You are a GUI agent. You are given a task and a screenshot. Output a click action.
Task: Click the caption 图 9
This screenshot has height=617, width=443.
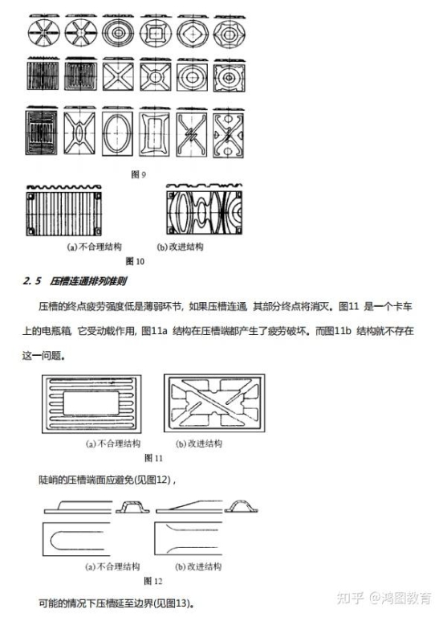pos(138,174)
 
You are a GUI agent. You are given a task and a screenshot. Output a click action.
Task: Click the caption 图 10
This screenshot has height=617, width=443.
pos(135,261)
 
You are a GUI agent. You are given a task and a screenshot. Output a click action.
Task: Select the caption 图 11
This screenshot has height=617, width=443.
pos(153,458)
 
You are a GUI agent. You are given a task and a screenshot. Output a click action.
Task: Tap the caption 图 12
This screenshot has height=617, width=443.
pos(153,581)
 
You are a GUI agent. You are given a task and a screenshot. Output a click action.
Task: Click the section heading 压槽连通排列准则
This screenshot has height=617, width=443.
pos(88,281)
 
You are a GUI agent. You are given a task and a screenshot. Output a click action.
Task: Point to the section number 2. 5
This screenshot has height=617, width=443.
pos(32,281)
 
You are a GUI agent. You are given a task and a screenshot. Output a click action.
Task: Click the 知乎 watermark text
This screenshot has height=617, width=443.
pos(350,598)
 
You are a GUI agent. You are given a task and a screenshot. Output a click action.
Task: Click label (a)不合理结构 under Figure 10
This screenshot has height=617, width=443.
pos(95,247)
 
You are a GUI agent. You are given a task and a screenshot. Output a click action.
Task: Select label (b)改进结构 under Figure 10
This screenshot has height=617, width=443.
pos(180,247)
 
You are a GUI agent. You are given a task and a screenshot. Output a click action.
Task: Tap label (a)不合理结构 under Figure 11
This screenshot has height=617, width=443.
pos(113,443)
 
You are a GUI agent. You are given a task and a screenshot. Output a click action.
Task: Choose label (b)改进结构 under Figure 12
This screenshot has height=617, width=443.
pos(198,566)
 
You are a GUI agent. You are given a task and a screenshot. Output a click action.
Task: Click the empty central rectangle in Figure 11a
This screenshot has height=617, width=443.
pos(91,403)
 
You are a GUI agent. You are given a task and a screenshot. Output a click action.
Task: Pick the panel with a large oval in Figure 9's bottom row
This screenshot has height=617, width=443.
pos(117,133)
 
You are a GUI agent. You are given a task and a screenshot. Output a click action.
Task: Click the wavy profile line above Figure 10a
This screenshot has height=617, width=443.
pos(63,187)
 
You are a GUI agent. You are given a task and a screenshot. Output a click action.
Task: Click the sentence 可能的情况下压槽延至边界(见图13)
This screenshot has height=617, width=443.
pos(116,603)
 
